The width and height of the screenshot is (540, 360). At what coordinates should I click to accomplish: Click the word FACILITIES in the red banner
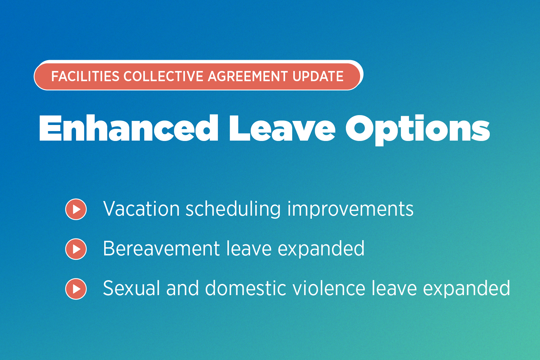click(85, 76)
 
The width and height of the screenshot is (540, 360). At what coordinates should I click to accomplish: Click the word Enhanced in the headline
click(128, 128)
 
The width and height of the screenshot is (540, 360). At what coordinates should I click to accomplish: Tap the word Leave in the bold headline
click(282, 128)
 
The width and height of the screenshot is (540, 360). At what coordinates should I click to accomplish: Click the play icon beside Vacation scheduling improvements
click(76, 209)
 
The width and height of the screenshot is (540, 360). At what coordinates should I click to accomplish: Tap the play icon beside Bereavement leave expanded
click(76, 249)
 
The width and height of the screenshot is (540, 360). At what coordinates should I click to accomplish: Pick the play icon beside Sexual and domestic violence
click(76, 289)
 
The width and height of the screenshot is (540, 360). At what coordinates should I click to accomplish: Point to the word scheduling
click(233, 209)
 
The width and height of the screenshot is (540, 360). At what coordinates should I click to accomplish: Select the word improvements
click(350, 209)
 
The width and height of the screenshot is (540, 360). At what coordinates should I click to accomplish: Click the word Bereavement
click(161, 249)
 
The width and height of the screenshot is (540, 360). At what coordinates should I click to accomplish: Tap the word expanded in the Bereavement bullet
click(321, 249)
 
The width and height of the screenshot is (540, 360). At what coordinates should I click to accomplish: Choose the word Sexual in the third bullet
click(131, 288)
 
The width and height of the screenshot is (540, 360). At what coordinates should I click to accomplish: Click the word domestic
click(246, 288)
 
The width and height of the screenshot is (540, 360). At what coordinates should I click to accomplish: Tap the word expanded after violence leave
click(466, 289)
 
